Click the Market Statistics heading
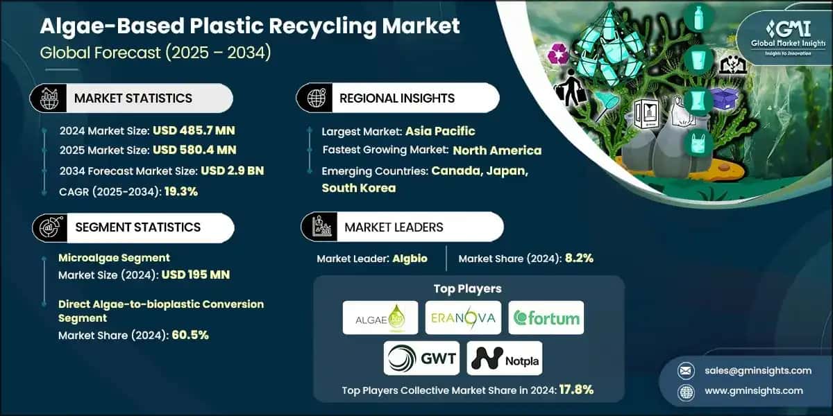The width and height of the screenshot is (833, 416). pos(133,98)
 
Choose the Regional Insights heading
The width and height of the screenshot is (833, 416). pos(396,98)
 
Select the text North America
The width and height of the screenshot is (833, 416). pos(497,150)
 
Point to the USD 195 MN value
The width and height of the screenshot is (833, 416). pos(195,275)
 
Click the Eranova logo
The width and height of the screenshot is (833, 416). pos(463,318)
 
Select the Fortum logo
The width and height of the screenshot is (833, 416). pos(546,318)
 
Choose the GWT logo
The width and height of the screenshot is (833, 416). pos(421,358)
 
